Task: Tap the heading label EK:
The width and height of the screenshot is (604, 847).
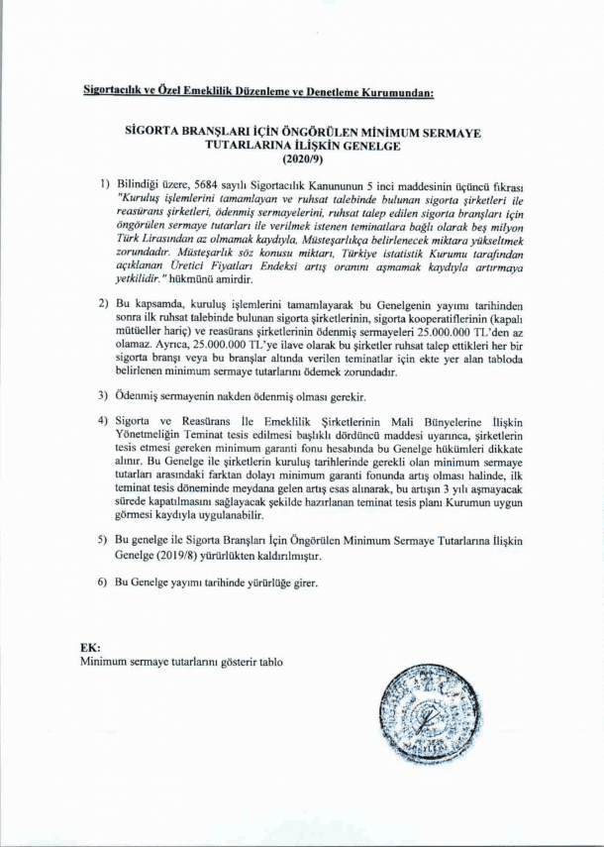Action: pyautogui.click(x=90, y=647)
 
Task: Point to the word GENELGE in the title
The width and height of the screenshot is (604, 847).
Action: pyautogui.click(x=366, y=144)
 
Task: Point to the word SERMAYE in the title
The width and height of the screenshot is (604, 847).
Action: pyautogui.click(x=447, y=130)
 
